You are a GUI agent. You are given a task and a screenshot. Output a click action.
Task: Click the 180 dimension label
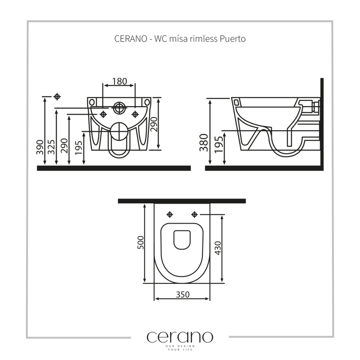point(119,81)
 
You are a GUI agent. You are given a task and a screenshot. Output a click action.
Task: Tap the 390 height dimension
point(40,147)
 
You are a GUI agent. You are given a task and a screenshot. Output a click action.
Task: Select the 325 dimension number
point(51,147)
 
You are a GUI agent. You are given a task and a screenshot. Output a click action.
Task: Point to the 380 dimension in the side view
point(204,143)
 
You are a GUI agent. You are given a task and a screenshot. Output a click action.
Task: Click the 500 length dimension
point(140,243)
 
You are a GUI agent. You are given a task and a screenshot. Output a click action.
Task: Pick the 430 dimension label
point(218,248)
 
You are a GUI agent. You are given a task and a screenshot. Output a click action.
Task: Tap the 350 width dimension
point(183,294)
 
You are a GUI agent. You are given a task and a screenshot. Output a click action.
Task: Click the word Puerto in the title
point(233,39)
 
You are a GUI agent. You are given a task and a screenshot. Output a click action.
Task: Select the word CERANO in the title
point(130,39)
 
